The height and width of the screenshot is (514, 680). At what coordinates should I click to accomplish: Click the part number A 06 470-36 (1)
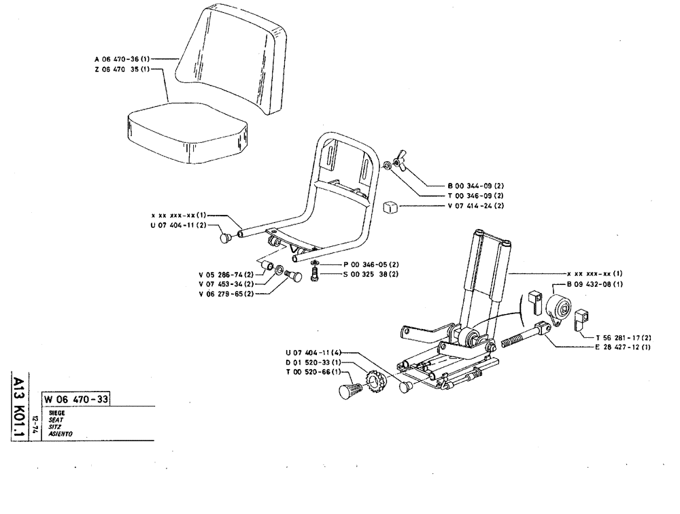click(x=122, y=59)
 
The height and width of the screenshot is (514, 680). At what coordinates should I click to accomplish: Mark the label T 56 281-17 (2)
click(x=624, y=337)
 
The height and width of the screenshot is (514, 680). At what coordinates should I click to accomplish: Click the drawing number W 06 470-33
click(x=77, y=399)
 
